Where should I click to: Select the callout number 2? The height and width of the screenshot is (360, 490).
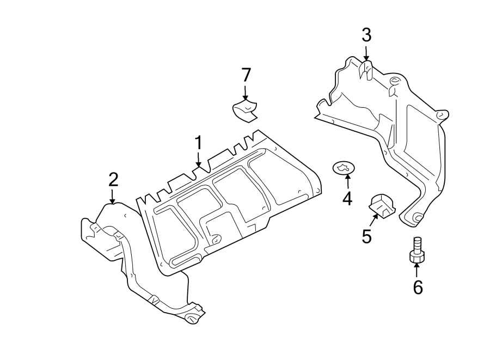click(x=113, y=179)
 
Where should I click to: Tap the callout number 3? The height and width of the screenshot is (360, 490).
click(x=366, y=36)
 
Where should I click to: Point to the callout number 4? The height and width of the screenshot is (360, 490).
click(x=347, y=199)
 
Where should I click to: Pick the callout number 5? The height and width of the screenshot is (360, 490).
click(x=366, y=236)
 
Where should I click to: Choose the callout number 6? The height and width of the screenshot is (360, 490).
click(x=418, y=287)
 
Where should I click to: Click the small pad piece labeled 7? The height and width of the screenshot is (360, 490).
click(x=244, y=110)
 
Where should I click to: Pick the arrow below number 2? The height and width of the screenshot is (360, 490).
click(x=112, y=196)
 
